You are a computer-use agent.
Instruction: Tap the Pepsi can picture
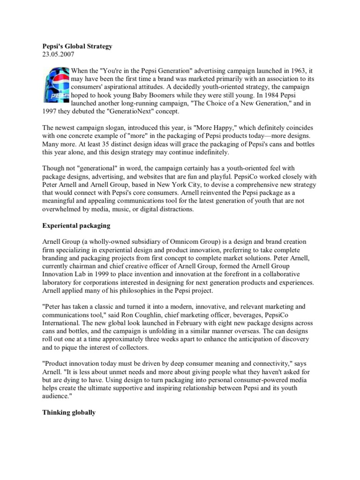(56, 84)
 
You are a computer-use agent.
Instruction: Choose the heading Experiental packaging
(76, 225)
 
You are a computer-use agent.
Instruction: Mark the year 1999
(107, 275)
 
